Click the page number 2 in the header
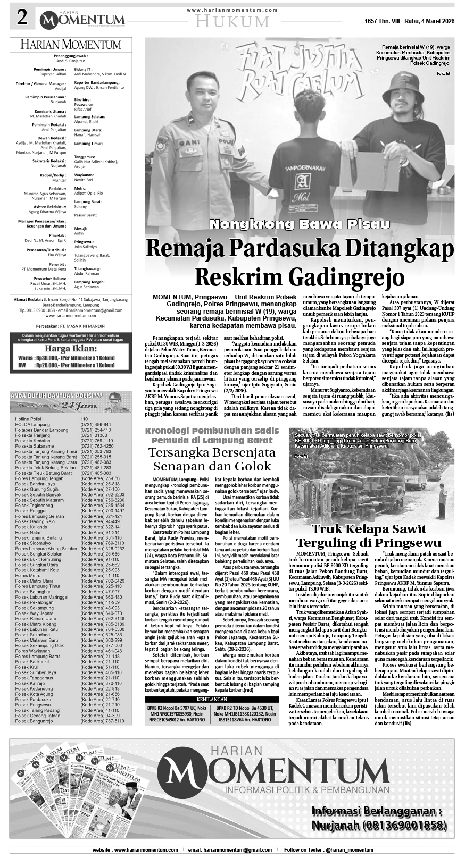point(22,19)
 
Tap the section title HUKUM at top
point(232,21)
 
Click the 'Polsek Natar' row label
point(28,532)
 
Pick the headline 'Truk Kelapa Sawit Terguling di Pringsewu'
point(369,536)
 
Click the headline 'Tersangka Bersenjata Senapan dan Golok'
point(212,459)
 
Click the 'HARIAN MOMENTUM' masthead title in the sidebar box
point(71,45)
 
